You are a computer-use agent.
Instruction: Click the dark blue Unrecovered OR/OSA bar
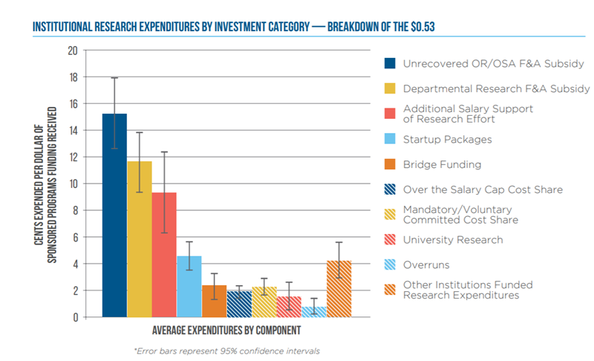[x=114, y=215]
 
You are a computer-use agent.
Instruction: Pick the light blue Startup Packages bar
[x=189, y=286]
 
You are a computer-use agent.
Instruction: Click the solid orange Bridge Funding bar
[x=214, y=301]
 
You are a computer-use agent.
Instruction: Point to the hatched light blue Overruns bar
[x=289, y=312]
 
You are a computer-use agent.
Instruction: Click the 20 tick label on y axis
[x=72, y=51]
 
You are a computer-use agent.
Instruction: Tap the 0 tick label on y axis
[x=74, y=317]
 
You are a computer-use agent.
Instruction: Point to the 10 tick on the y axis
[x=72, y=183]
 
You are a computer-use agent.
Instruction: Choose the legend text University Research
[x=453, y=239]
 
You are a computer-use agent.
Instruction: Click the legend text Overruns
[x=426, y=264]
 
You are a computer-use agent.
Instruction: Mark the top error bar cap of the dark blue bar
[x=114, y=78]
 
